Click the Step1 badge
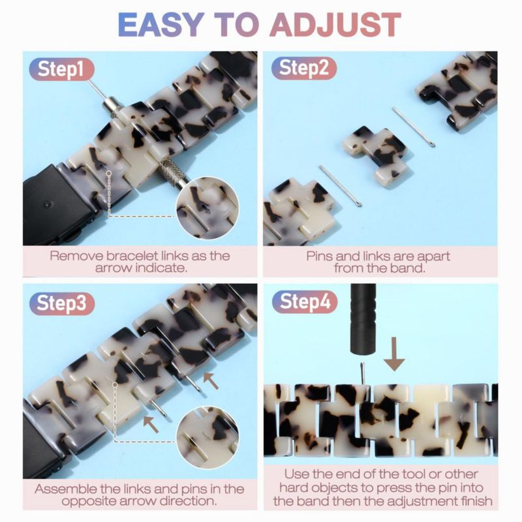[61, 69]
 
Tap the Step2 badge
[303, 69]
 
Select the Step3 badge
[61, 303]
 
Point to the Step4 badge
[304, 302]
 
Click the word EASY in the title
[161, 24]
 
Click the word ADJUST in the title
[335, 24]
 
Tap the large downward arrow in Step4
[394, 354]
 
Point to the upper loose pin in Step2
[414, 127]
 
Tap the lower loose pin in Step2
[340, 186]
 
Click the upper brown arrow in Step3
[211, 380]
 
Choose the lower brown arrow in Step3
[151, 423]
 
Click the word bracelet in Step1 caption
[132, 256]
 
